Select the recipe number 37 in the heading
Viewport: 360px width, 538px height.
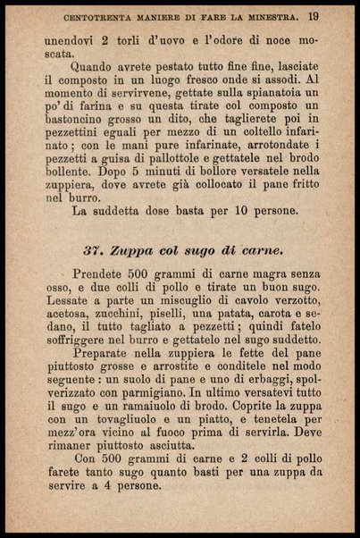tap(94, 249)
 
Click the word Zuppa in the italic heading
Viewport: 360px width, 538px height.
tap(133, 249)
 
